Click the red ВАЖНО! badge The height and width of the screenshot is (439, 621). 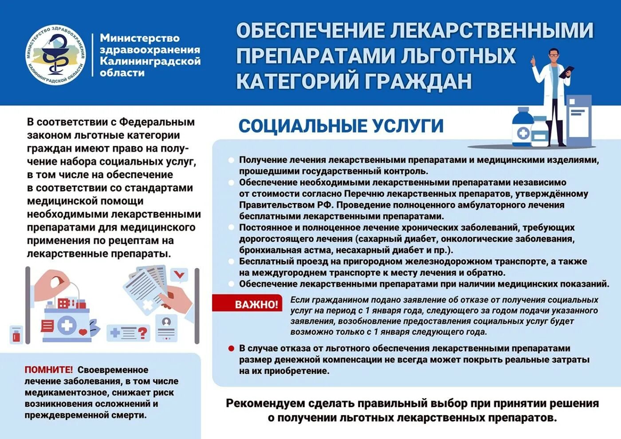pos(256,305)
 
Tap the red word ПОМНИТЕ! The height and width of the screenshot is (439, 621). pos(49,370)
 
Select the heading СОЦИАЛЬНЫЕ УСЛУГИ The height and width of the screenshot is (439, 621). pos(341,126)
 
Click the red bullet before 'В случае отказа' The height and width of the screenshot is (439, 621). pos(231,349)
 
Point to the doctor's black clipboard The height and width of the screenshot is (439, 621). pos(567,72)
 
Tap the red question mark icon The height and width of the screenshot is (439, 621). pos(142,333)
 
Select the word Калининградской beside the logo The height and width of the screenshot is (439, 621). pos(150,61)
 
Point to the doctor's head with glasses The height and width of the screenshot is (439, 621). pos(554,55)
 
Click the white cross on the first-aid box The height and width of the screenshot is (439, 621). pos(67,325)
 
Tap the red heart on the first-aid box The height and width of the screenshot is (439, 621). pos(83,332)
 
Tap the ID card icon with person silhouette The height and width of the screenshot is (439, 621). pos(166,327)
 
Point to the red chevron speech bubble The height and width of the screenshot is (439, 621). pos(179,275)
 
